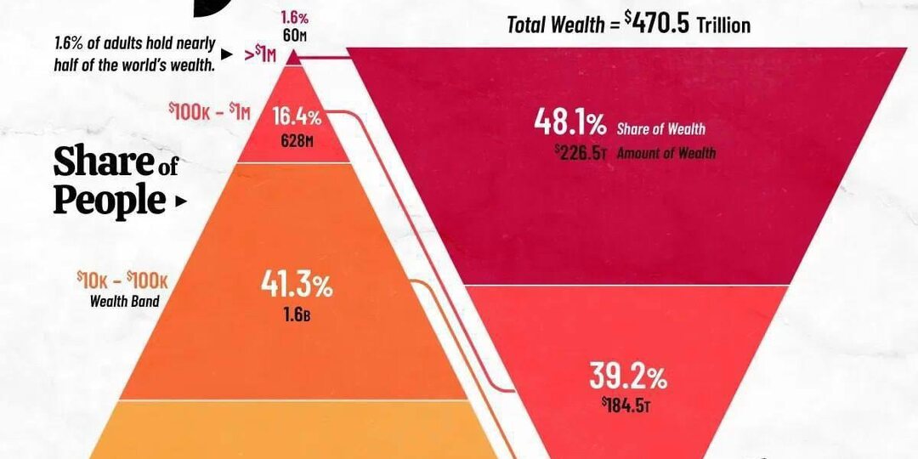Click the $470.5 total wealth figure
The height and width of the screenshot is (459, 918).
660,24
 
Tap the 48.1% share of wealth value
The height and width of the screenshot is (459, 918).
569,124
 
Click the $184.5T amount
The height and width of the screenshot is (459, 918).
626,405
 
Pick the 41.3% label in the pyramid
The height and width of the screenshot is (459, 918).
296,287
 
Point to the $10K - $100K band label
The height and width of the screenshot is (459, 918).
122,280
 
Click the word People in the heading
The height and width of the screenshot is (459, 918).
109,201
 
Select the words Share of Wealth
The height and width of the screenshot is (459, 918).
662,129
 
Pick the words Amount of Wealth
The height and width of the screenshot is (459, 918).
666,153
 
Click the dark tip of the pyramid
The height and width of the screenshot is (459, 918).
293,58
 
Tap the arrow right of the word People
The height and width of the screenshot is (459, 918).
178,202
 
